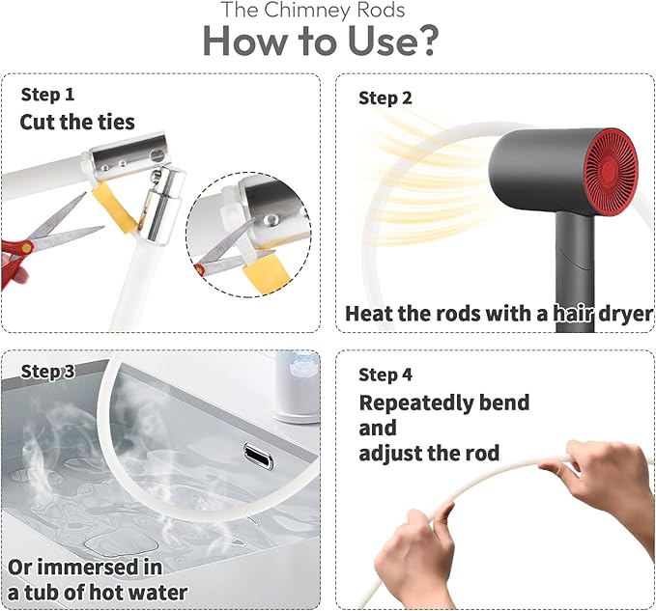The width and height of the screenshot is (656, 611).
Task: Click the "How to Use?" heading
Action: [321, 41]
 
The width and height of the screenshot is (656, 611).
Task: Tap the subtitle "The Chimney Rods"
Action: [313, 10]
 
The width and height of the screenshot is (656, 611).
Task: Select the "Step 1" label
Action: [47, 95]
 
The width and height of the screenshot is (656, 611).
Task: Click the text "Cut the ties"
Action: [77, 122]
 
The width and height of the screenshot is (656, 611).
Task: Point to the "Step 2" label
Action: [385, 98]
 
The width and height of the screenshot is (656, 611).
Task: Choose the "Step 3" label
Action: [47, 371]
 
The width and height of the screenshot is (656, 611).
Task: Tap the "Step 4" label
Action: [385, 375]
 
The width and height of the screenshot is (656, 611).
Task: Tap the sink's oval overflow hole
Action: [259, 457]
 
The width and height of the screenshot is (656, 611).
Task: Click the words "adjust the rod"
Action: [429, 453]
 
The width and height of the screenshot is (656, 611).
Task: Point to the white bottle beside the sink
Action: [297, 386]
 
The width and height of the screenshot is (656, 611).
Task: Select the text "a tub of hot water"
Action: [98, 593]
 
